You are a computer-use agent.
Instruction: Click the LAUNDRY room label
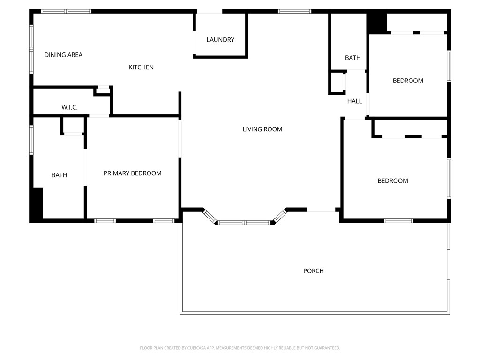pos(220,40)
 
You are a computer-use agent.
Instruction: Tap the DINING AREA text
pos(63,55)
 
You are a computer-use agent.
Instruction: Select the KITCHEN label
pos(141,67)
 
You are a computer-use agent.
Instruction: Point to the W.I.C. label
pos(69,107)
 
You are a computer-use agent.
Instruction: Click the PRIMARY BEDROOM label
pos(133,173)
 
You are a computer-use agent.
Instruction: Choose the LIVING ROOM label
pos(262,129)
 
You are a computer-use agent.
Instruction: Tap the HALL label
pos(354,101)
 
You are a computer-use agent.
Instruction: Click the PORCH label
pos(314,271)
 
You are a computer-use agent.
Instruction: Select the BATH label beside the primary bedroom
pos(60,175)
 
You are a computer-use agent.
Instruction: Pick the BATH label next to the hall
pos(352,58)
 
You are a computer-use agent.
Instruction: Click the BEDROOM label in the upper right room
pos(408,81)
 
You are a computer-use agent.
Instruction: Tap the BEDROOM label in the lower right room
pos(393,181)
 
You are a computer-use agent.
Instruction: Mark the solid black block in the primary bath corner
pos(37,203)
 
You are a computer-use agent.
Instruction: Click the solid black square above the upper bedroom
pos(377,23)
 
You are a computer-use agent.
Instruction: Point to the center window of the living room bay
pos(244,223)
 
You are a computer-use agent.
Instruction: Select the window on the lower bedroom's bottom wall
pos(398,221)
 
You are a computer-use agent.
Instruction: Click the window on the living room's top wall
pos(294,12)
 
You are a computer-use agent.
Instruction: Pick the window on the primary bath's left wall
pos(31,140)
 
